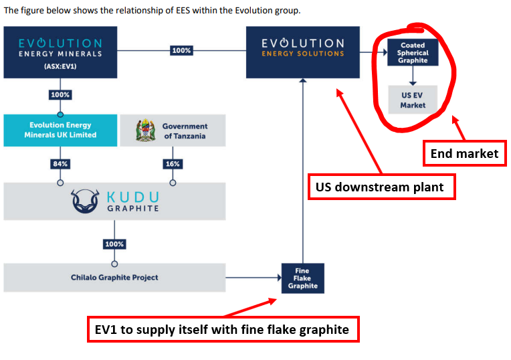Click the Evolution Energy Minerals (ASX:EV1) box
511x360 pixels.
(60, 52)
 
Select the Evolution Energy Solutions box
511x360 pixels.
(303, 52)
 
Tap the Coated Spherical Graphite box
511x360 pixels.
(413, 52)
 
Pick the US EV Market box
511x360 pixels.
(413, 100)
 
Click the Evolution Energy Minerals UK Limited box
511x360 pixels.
(60, 130)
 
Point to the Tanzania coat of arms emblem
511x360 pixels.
(145, 130)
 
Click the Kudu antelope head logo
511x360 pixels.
(85, 201)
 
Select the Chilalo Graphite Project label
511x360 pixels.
(114, 278)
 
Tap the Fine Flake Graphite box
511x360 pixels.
(303, 278)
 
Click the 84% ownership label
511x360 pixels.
(60, 164)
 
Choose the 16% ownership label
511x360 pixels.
(173, 164)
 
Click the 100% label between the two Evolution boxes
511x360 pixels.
(181, 51)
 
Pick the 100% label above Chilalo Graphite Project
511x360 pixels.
(114, 244)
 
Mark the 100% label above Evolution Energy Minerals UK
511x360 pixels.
(60, 95)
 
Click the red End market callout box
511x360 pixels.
(465, 153)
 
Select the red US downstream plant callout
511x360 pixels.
(382, 187)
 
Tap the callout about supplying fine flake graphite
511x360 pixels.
(223, 329)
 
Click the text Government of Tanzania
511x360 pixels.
(185, 131)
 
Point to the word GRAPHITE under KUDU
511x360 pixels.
(133, 208)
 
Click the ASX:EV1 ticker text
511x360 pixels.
(60, 66)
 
